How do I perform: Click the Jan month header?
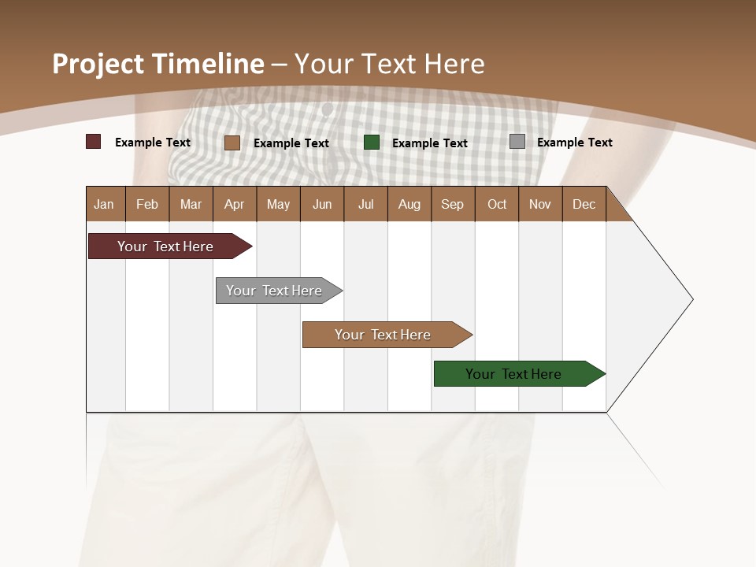pyautogui.click(x=104, y=204)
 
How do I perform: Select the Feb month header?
pyautogui.click(x=147, y=204)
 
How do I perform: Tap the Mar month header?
pyautogui.click(x=191, y=204)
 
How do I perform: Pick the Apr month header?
pyautogui.click(x=234, y=204)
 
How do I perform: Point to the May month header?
pyautogui.click(x=278, y=204)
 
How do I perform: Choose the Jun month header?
pyautogui.click(x=322, y=204)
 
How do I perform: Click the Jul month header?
pyautogui.click(x=365, y=204)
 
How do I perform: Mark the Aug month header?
pyautogui.click(x=409, y=204)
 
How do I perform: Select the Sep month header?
pyautogui.click(x=452, y=204)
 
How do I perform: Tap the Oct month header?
pyautogui.click(x=497, y=204)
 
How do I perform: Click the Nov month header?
pyautogui.click(x=540, y=204)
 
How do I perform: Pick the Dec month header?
pyautogui.click(x=584, y=204)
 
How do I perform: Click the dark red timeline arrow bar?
pyautogui.click(x=165, y=246)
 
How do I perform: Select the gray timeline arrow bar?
pyautogui.click(x=274, y=291)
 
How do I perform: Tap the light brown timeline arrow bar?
pyautogui.click(x=383, y=335)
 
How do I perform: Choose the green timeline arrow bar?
pyautogui.click(x=513, y=374)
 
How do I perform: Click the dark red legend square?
pyautogui.click(x=93, y=142)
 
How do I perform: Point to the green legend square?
pyautogui.click(x=372, y=142)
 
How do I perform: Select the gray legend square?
pyautogui.click(x=517, y=142)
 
